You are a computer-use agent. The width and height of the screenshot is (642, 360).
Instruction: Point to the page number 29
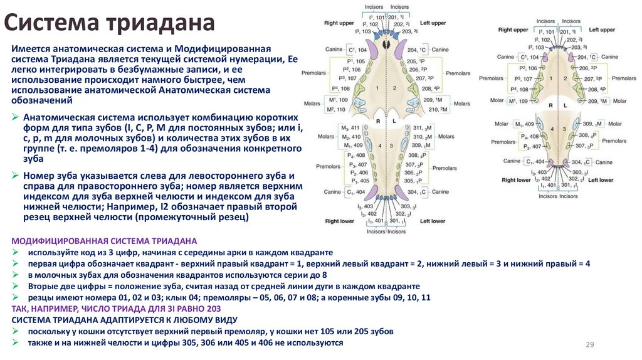point(589,344)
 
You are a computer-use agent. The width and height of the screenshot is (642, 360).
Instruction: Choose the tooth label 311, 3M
point(417,128)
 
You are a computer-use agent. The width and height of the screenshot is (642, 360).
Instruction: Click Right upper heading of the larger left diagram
point(339,23)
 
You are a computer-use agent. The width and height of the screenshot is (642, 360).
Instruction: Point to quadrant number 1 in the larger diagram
point(378,88)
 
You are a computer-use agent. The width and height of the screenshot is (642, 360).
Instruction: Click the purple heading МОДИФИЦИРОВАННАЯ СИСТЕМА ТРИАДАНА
point(105,241)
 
